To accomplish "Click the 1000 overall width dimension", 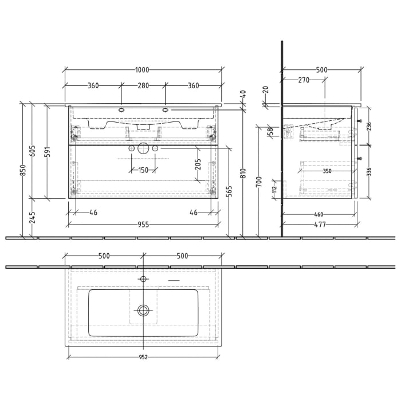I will click(x=142, y=70).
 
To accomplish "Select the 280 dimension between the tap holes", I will click(x=143, y=86).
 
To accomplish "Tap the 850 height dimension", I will click(x=23, y=170).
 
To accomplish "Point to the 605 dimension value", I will click(x=33, y=151).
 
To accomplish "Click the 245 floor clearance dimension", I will click(x=33, y=217).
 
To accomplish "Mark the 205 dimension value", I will click(x=197, y=165).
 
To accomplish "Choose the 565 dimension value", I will click(x=229, y=191).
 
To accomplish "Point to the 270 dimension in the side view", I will click(x=303, y=80).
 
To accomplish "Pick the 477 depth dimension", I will click(x=321, y=225).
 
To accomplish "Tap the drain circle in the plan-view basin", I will click(x=143, y=310).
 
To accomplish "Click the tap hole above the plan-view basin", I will click(x=143, y=279).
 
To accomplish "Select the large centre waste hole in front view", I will click(x=143, y=148).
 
